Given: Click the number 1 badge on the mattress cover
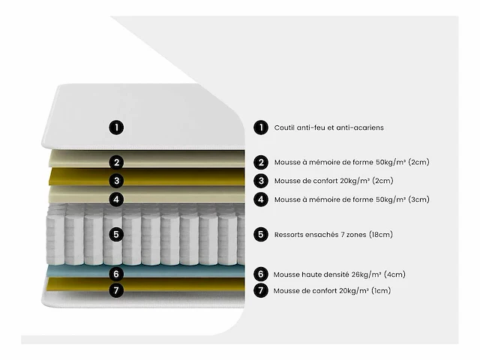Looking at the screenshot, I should pyautogui.click(x=117, y=127).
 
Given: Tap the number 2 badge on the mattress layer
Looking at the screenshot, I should pyautogui.click(x=117, y=162).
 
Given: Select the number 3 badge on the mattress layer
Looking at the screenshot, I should pyautogui.click(x=117, y=181).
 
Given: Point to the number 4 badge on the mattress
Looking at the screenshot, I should pyautogui.click(x=117, y=199).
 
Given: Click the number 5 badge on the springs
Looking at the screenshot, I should pyautogui.click(x=117, y=235).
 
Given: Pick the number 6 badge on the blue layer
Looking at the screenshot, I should pyautogui.click(x=117, y=274).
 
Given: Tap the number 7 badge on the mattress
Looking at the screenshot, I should pyautogui.click(x=117, y=290).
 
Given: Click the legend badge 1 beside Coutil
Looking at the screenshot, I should pyautogui.click(x=260, y=127).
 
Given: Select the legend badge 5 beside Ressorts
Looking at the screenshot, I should pyautogui.click(x=260, y=235).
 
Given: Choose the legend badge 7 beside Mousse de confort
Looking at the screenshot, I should pyautogui.click(x=260, y=290).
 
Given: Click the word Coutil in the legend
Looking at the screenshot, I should pyautogui.click(x=285, y=127).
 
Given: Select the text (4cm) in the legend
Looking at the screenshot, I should pyautogui.click(x=394, y=274).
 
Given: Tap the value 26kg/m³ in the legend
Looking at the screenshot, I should pyautogui.click(x=360, y=274).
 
